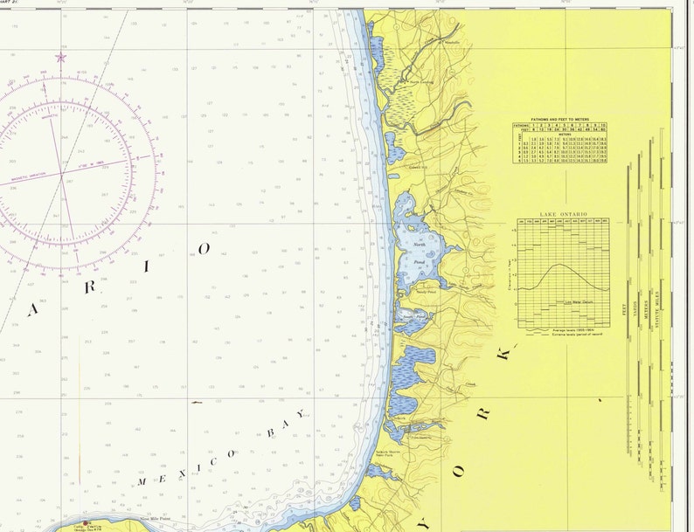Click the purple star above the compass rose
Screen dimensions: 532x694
coord(60,58)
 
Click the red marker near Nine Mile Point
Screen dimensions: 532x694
coord(86,523)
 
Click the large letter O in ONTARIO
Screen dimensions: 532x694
coord(205,249)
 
